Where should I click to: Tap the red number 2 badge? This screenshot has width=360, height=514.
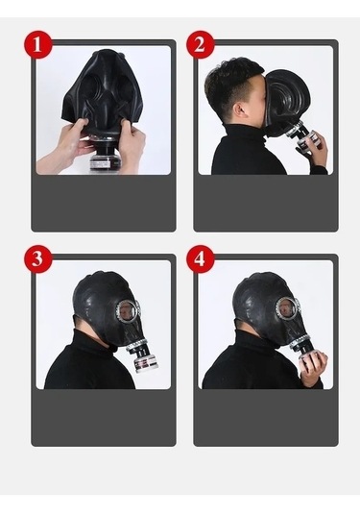point(201,45)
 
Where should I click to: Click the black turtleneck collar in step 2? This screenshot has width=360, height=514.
point(245,135)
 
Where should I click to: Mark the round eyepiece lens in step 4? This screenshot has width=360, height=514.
point(288,308)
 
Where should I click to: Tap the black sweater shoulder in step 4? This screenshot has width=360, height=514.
point(230,370)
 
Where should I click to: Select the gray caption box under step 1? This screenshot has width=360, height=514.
point(104,202)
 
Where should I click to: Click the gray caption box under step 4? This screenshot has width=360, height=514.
point(266,417)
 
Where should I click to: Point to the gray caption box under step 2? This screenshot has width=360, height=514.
point(266,202)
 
